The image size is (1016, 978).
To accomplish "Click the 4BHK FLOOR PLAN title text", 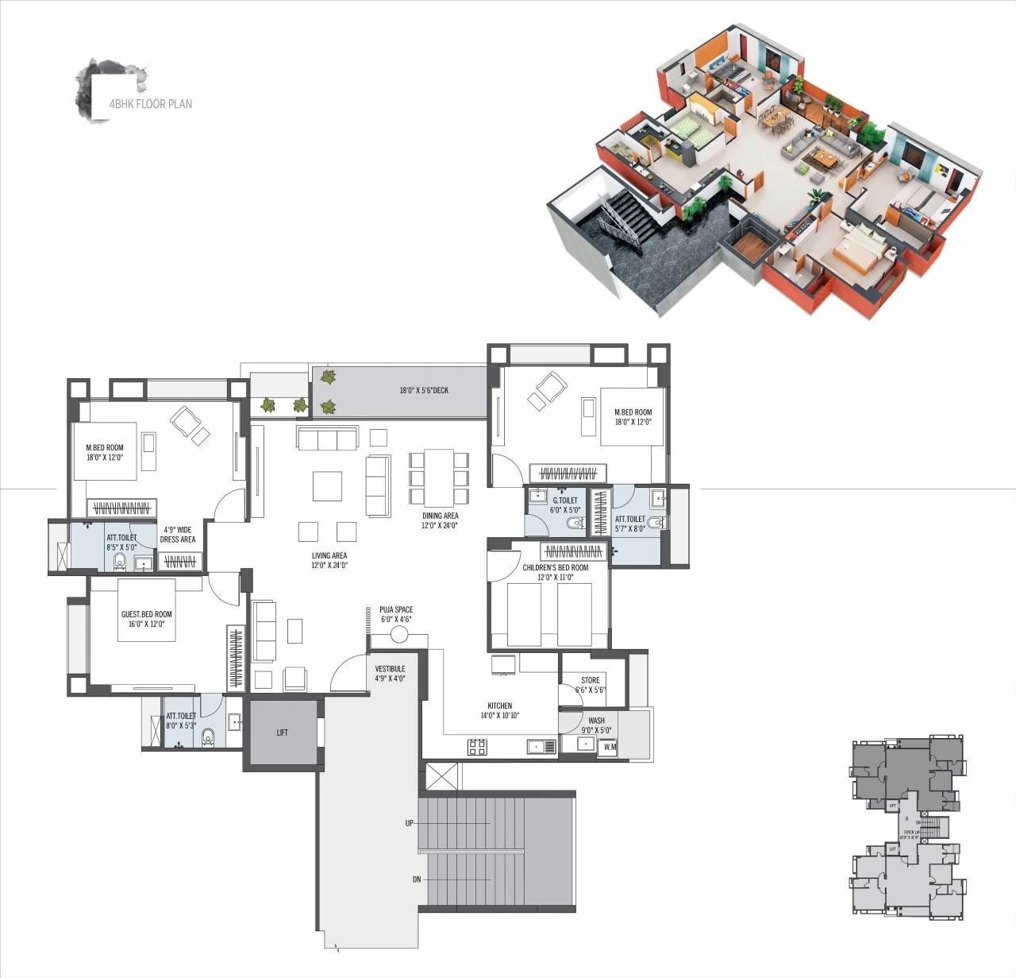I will click(x=151, y=104).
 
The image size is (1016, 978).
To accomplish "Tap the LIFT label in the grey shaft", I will click(x=283, y=733).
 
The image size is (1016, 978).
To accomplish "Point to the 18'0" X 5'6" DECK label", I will click(x=424, y=391).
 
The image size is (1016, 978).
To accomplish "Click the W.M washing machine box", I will click(x=609, y=747).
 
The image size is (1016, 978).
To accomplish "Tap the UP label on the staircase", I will click(x=410, y=823).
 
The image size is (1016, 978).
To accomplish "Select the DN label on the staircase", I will click(x=416, y=879).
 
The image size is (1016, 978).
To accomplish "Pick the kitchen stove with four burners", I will click(x=477, y=747).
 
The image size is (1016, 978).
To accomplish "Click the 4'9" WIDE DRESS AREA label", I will click(x=177, y=535).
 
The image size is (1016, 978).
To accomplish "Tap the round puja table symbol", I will click(x=399, y=634).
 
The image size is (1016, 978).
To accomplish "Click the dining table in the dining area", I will click(x=438, y=476).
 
